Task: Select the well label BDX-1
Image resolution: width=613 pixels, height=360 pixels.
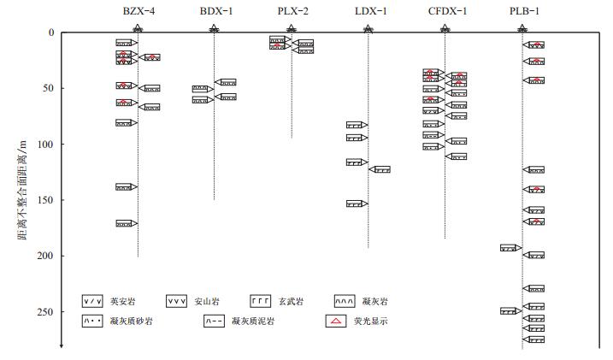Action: tap(215, 12)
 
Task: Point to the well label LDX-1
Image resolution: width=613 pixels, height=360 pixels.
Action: tap(369, 12)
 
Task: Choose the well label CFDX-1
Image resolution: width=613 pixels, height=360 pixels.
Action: tap(447, 12)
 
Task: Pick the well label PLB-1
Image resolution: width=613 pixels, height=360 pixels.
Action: tap(522, 12)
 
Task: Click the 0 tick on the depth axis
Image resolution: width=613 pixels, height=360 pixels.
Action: tap(51, 32)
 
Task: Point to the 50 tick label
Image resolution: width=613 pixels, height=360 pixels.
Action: tap(48, 88)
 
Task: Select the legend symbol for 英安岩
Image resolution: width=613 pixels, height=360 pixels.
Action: tap(92, 302)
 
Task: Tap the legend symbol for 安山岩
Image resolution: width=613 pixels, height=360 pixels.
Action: tap(177, 302)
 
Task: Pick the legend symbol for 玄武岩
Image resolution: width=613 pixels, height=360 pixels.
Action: tap(262, 302)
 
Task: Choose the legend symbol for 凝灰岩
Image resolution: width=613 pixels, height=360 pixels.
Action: tap(346, 302)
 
